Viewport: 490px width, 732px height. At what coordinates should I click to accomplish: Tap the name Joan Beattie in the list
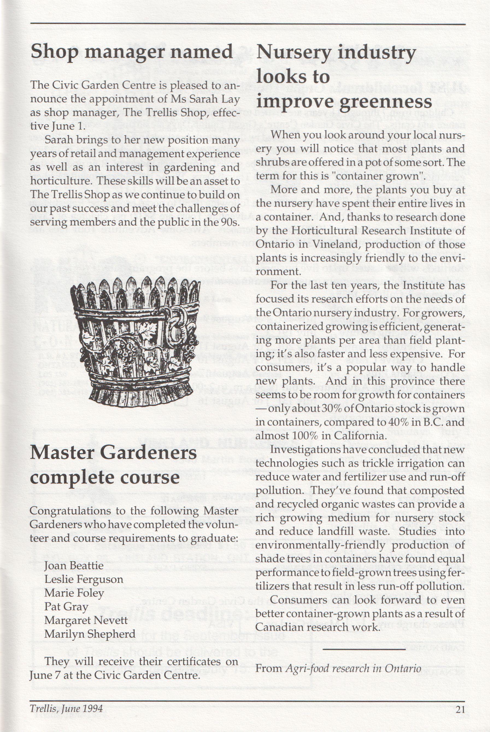tap(74, 566)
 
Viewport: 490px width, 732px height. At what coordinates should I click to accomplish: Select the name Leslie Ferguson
tap(84, 580)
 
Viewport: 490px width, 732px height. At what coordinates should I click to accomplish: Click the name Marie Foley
tap(74, 593)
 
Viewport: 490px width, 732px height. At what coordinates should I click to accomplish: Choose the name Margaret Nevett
tap(86, 620)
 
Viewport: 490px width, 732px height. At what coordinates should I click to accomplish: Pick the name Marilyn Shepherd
tap(90, 634)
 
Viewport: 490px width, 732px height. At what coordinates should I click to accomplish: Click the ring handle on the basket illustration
tap(176, 325)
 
